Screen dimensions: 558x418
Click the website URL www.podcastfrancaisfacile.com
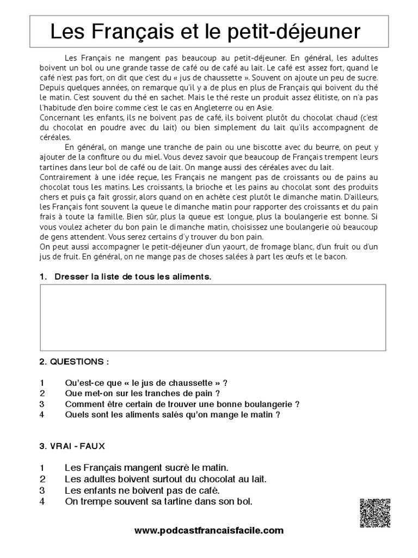click(208, 530)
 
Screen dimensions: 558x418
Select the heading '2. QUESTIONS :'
click(74, 361)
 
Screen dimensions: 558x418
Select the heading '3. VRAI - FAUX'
click(72, 445)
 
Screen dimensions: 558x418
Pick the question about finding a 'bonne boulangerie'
click(182, 404)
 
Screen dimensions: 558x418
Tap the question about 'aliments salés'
click(172, 415)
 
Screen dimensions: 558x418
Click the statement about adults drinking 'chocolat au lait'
click(165, 479)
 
